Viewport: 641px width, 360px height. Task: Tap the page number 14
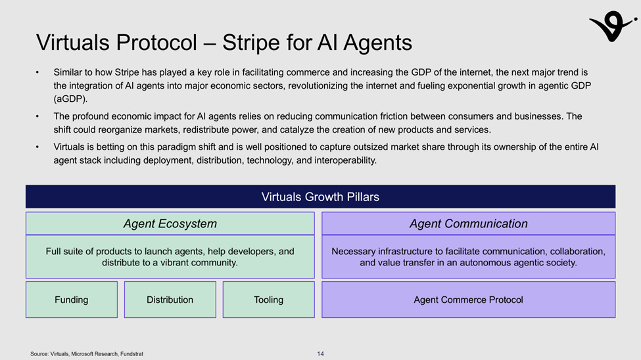tap(320, 354)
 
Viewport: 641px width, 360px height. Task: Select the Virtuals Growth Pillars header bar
tap(320, 196)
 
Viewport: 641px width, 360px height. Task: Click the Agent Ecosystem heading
tap(170, 224)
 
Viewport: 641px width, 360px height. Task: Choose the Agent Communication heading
tap(468, 224)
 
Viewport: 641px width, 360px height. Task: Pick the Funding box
tap(71, 300)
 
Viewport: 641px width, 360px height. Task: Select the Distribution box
tap(170, 300)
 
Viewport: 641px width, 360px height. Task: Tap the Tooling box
tap(268, 300)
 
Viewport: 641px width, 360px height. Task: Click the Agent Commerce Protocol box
tap(468, 300)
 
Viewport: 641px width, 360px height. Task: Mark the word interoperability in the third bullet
tap(347, 160)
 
